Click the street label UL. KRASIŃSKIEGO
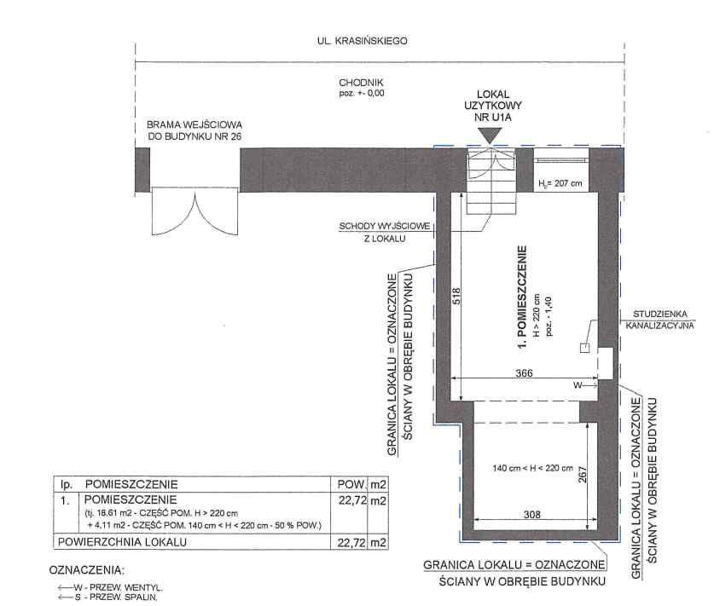coord(362,41)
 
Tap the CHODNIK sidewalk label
coord(361,83)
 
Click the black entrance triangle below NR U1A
coord(490,136)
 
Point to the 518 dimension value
coord(456,296)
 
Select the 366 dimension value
coord(524,373)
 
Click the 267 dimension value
coord(583,475)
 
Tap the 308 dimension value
coord(531,515)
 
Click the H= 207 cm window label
coord(560,184)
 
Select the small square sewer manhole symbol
coord(584,348)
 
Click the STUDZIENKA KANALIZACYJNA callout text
coord(659,320)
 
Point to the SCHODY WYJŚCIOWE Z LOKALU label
coord(385,232)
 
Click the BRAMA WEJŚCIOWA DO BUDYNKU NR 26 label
coord(194,130)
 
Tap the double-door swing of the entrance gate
coord(194,212)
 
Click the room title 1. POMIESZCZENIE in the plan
coord(522,297)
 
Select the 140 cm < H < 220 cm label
coord(533,468)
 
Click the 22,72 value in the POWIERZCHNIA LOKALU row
coord(351,542)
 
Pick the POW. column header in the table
coord(351,484)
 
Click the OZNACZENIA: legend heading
coord(86,570)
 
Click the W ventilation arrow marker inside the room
coord(585,385)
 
